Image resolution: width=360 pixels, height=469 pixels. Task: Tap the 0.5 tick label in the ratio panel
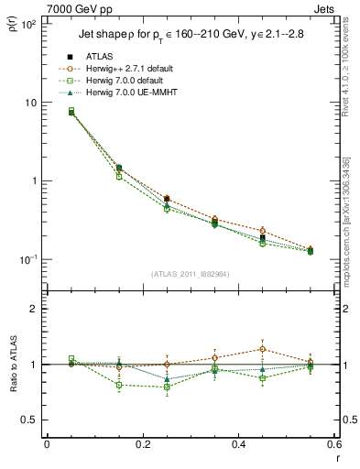click(x=28, y=420)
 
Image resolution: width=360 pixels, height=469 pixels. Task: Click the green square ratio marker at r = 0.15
click(x=119, y=385)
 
